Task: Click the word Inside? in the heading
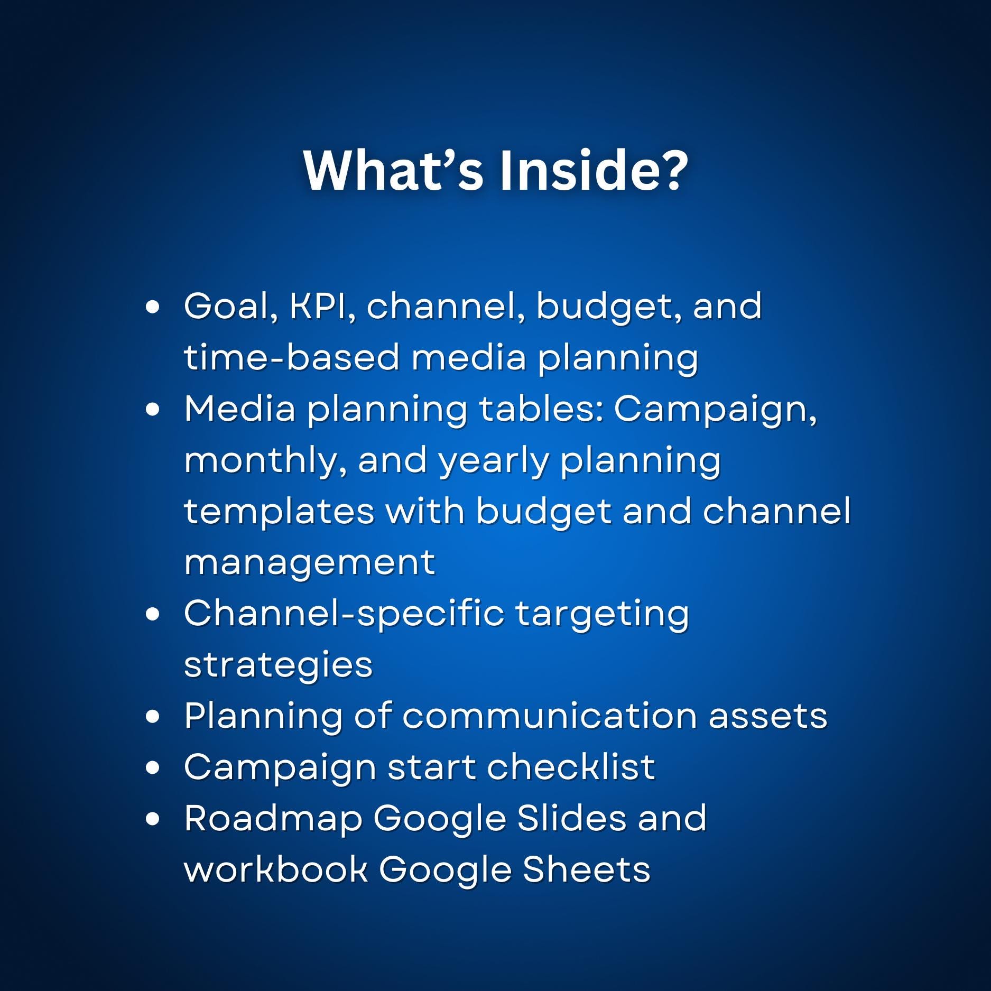tap(593, 170)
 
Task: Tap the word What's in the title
tap(393, 170)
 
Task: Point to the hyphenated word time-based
tap(291, 357)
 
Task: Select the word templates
tap(279, 512)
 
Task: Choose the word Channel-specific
tap(344, 614)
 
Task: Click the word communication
tap(549, 716)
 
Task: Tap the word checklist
tap(571, 767)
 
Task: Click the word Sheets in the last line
tap(586, 869)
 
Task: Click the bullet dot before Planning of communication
tap(152, 717)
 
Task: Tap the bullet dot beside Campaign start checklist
tap(152, 768)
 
